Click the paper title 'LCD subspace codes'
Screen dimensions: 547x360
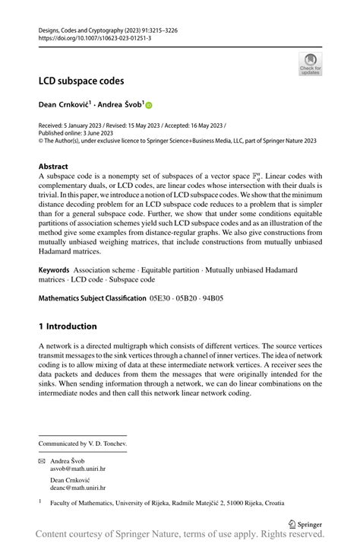click(81, 80)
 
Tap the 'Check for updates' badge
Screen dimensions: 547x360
click(310, 64)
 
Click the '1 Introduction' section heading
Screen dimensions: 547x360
click(68, 326)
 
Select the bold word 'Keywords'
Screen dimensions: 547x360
click(54, 270)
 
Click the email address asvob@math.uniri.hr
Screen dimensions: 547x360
click(78, 469)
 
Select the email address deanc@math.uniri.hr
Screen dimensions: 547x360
click(78, 488)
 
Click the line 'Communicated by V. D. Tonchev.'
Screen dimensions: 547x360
click(84, 443)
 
